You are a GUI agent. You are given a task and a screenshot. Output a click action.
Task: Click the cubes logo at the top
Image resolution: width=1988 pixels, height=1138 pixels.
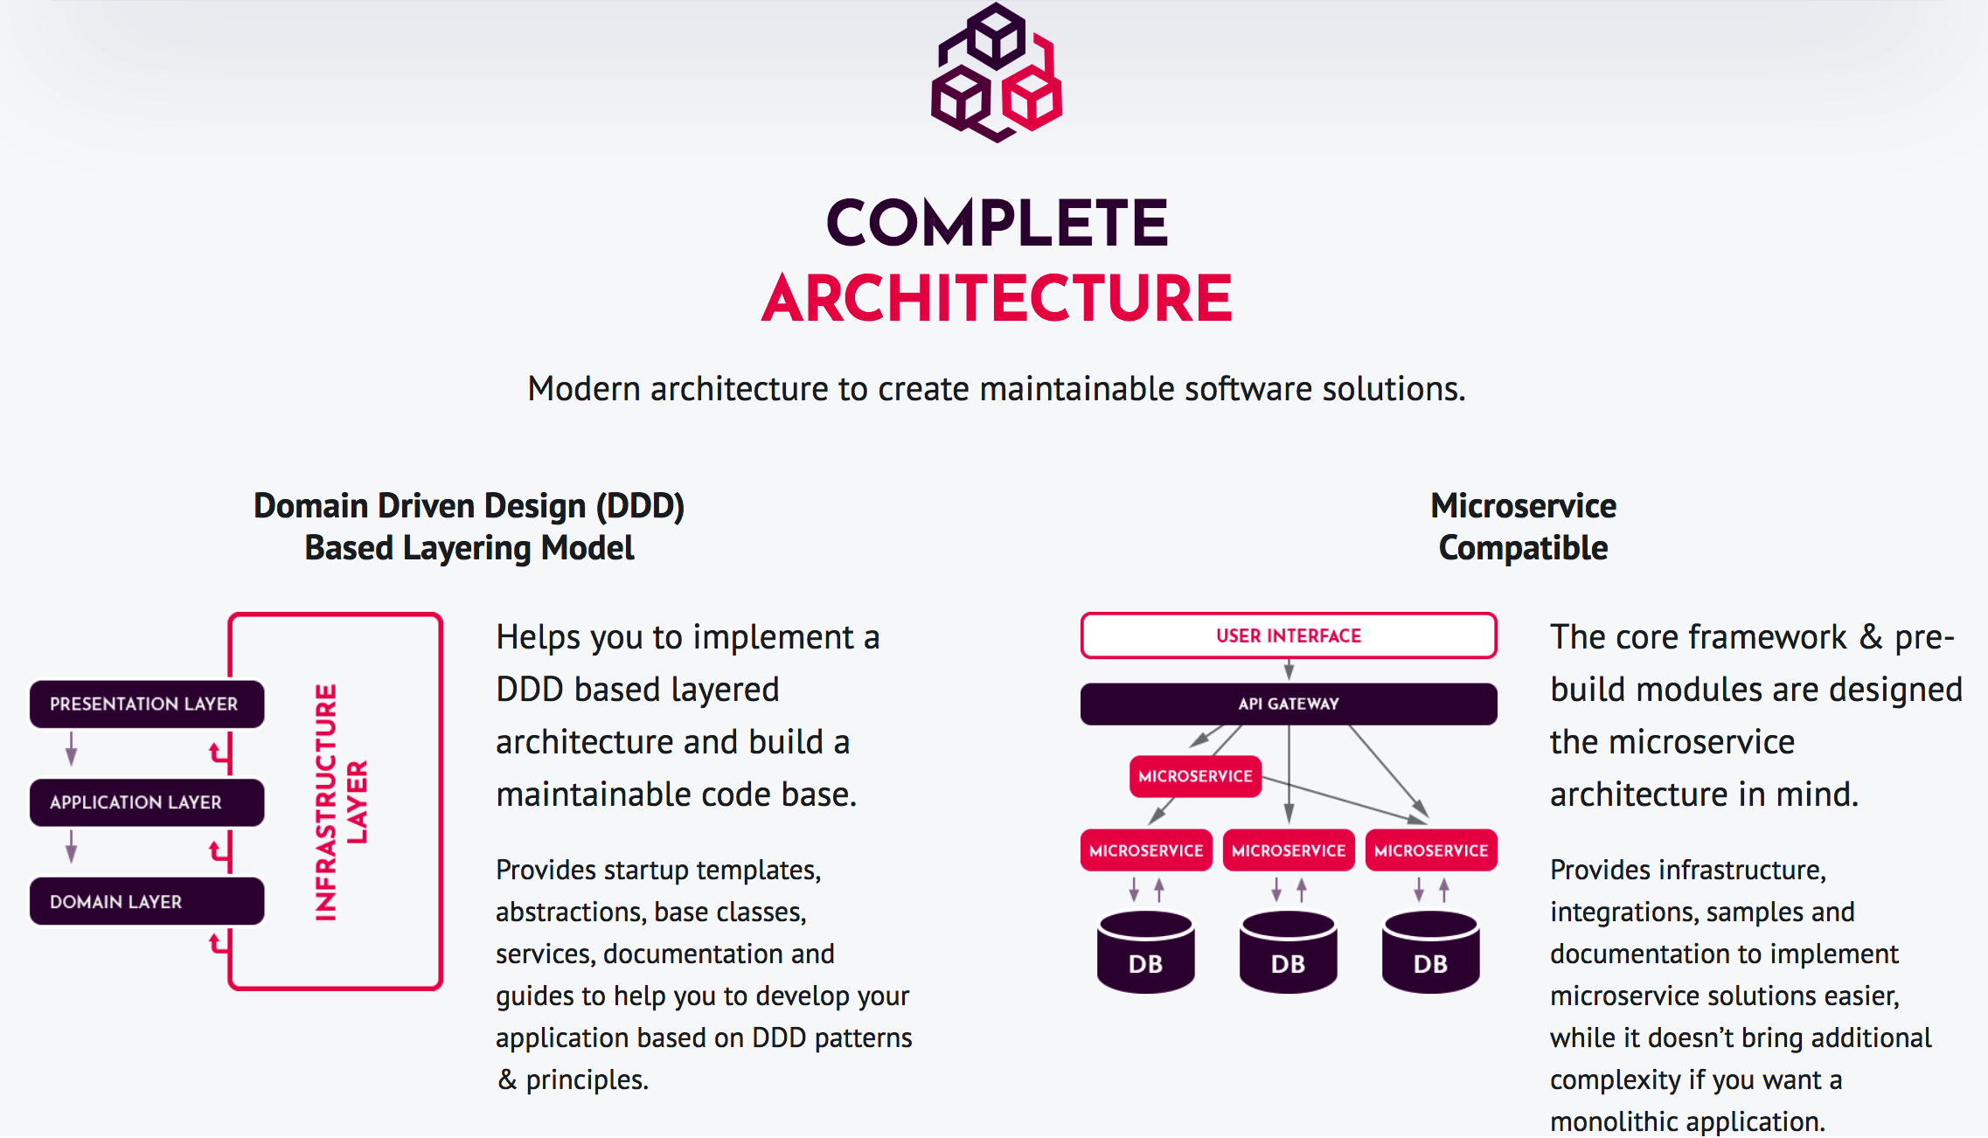997,72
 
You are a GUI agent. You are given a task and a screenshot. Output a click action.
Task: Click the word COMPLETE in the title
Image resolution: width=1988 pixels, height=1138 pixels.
997,223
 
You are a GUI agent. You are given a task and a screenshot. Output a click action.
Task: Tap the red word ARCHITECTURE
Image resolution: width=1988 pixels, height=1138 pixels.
997,298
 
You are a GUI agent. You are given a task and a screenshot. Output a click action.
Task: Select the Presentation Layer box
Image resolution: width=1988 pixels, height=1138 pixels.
147,704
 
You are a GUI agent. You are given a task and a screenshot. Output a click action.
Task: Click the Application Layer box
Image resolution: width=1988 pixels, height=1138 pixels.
147,802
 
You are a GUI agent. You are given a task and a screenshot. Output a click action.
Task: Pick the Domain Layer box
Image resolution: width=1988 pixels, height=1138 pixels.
147,901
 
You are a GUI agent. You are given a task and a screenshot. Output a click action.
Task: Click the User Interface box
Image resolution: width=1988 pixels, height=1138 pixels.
1289,635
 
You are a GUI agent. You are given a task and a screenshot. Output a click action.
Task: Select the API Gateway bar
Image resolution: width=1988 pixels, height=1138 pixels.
1289,704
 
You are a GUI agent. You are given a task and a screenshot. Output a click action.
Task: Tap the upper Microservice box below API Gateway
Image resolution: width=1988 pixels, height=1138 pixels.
1195,776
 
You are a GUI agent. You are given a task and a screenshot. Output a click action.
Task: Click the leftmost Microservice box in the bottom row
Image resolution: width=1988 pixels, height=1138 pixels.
1146,850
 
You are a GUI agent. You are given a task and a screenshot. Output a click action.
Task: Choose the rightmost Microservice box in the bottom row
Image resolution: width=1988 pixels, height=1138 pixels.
1431,850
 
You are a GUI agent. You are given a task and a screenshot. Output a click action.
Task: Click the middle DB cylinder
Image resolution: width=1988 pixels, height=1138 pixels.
1289,952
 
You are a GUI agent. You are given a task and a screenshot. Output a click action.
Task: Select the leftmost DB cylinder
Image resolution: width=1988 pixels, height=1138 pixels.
1146,952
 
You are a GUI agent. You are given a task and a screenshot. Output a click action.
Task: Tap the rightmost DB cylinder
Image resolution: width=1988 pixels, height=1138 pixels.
1431,952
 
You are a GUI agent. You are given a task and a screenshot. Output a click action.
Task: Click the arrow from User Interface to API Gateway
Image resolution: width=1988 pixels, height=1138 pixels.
1289,670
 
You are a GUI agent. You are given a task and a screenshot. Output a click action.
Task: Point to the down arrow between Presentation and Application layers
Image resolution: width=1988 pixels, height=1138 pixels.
72,749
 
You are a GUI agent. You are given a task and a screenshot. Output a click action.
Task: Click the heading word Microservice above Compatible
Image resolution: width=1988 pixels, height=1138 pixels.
1523,506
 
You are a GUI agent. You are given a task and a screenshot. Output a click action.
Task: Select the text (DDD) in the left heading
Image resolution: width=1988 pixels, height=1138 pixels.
640,506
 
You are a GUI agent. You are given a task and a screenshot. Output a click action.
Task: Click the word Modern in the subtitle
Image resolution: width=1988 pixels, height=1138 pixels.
584,389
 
